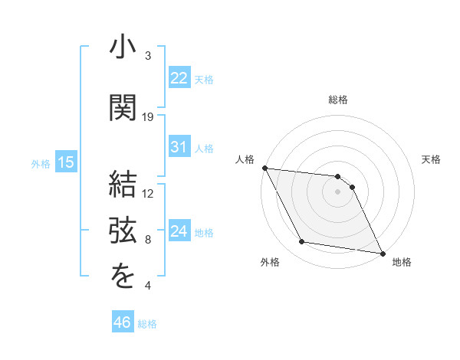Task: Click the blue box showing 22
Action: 179,78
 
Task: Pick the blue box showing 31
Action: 179,148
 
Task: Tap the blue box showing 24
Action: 179,231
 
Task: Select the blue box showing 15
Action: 65,162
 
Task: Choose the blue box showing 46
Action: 122,322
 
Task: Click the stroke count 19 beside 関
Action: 148,117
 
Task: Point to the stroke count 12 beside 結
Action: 148,194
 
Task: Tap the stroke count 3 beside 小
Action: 148,56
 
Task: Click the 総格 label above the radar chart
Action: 337,100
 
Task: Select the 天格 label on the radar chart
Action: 432,159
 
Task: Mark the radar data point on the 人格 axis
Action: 264,168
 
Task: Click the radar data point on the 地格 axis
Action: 382,253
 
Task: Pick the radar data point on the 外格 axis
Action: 302,242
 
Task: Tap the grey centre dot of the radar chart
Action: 337,191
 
